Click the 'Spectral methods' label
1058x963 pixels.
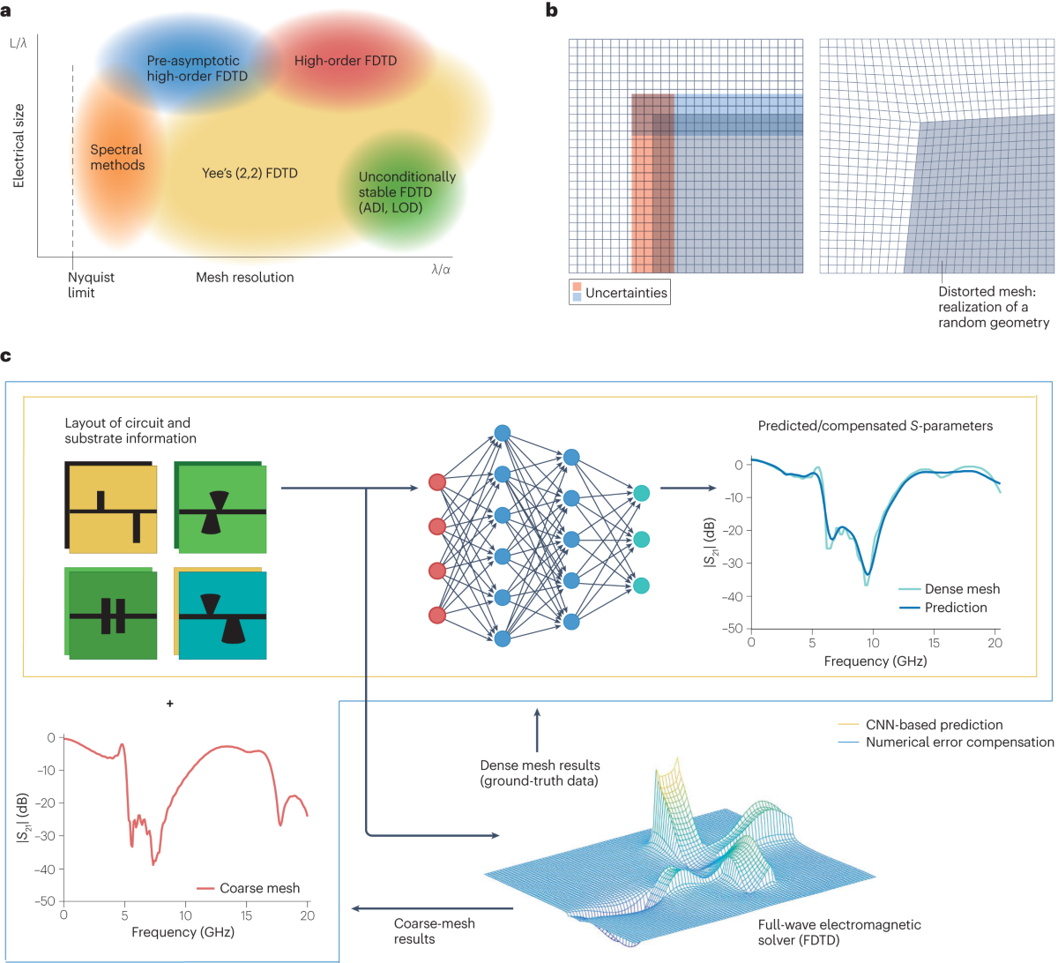coord(117,157)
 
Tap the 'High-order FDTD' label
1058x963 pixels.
coord(346,61)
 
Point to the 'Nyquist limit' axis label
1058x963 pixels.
coord(91,284)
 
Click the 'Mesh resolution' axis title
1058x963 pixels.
coord(244,277)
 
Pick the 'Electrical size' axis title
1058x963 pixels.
coord(19,146)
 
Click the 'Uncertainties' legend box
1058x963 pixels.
coord(619,293)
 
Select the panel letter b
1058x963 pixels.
coord(552,11)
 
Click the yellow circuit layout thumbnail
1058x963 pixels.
coord(111,506)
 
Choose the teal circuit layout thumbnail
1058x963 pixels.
coord(221,614)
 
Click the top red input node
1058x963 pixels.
coord(436,481)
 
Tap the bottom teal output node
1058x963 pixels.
coord(641,586)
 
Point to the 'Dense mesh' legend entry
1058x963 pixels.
coord(961,589)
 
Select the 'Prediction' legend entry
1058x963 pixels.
coord(955,608)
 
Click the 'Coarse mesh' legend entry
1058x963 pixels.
coord(259,888)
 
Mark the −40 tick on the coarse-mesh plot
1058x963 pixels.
coord(44,869)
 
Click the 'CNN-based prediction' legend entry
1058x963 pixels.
coord(934,725)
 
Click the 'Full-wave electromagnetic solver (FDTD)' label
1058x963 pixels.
coord(838,932)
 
